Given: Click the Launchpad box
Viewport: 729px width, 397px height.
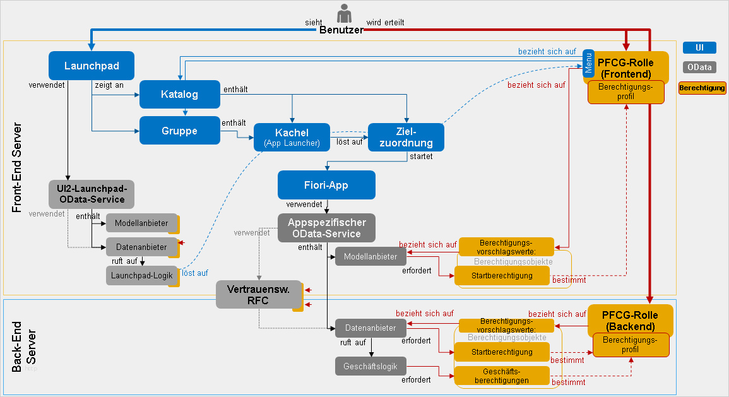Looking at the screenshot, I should [92, 66].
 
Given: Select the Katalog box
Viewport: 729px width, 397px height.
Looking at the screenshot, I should [180, 95].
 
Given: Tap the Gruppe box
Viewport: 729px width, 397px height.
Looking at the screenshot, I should [180, 131].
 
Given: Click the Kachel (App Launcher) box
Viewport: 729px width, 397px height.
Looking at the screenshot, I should [292, 137].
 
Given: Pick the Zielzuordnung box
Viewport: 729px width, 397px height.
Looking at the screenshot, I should [405, 137].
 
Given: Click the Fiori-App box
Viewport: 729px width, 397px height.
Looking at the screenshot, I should [326, 186].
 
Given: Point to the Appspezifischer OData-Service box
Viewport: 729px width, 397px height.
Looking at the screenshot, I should [326, 228].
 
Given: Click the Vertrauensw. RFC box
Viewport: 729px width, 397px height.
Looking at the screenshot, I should [259, 295].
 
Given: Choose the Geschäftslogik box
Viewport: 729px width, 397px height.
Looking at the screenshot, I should [370, 366].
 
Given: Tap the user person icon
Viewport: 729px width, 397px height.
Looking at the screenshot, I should [343, 14].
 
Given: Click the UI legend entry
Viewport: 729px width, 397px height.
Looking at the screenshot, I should [699, 48].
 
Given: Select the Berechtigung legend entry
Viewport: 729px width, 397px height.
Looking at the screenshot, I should [702, 88].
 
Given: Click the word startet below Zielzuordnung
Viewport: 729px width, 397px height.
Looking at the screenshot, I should [421, 157].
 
